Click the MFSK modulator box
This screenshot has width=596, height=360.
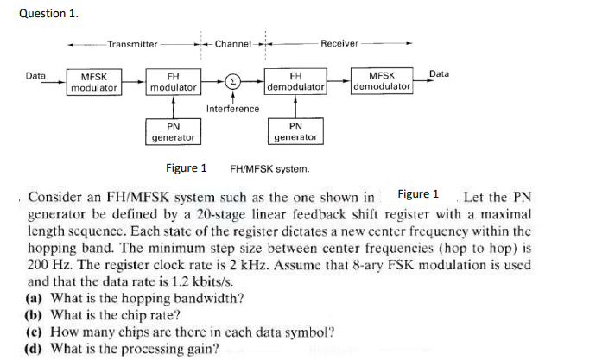[x=94, y=83]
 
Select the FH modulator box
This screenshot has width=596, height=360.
[x=173, y=83]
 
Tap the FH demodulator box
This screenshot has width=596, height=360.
[x=295, y=83]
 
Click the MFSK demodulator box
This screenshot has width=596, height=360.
[x=383, y=83]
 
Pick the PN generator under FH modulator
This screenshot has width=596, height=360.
[x=173, y=132]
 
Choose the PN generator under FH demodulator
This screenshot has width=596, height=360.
[x=295, y=132]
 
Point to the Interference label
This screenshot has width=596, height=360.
[x=232, y=109]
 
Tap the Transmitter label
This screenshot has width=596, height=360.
[x=132, y=44]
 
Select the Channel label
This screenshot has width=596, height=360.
[x=232, y=44]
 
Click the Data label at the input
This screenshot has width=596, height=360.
[x=35, y=76]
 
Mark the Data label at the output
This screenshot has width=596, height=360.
[x=439, y=74]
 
